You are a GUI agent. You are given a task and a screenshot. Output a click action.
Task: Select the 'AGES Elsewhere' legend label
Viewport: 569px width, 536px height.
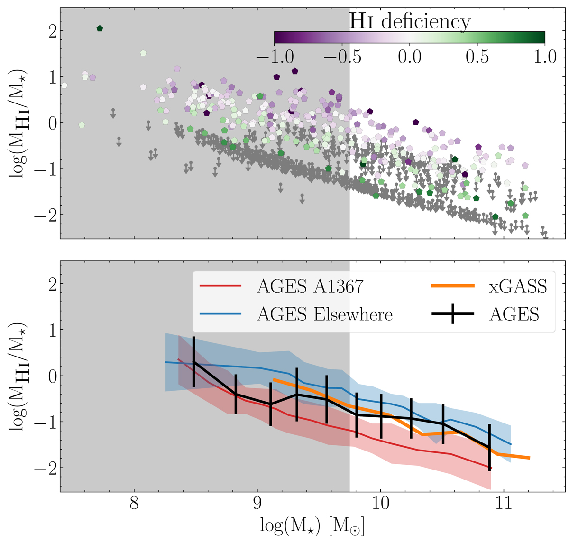pos(324,314)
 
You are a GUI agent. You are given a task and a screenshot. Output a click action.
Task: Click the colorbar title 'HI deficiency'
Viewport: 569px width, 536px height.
pos(410,21)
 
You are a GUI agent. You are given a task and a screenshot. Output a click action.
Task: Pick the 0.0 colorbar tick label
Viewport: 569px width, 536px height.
pos(410,56)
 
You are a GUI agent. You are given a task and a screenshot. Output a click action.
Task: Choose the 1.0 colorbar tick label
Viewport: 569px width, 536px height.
pos(545,56)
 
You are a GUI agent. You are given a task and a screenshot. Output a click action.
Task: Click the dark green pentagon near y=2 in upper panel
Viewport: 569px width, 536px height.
pos(100,28)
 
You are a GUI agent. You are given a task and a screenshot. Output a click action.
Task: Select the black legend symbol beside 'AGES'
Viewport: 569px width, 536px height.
pos(452,314)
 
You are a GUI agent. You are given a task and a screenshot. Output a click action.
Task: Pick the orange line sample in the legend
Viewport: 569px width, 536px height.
pos(452,286)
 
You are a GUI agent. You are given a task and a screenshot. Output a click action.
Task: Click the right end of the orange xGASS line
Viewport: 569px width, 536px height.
pos(529,458)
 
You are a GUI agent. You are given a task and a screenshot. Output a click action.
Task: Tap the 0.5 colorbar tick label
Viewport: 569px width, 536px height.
pos(477,56)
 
